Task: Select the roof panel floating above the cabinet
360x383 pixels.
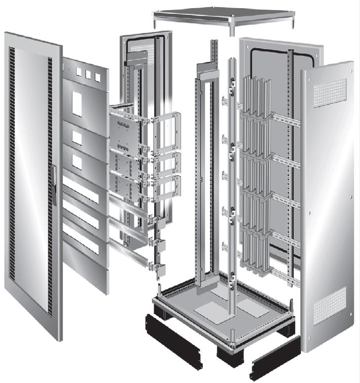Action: (x=224, y=15)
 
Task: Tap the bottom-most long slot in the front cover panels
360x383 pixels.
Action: (x=81, y=240)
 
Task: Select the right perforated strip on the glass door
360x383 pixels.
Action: (x=50, y=127)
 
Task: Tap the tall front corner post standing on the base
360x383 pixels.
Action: (x=233, y=203)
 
